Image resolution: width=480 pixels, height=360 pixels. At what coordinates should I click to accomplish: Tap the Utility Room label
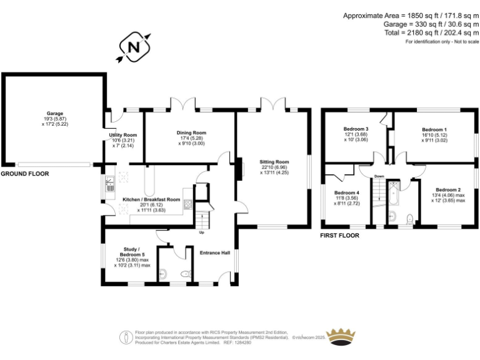point(122,135)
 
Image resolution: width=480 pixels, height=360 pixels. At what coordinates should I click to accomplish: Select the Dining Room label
point(191,133)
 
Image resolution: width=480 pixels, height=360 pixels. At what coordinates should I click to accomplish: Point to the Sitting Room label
point(272,162)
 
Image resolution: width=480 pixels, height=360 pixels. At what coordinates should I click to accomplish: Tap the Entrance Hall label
point(215,252)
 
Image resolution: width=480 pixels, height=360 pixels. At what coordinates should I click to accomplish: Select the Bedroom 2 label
point(448,190)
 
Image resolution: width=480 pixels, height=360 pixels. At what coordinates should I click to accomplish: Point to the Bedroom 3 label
point(356,129)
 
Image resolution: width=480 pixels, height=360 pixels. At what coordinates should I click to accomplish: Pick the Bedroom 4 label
point(346,192)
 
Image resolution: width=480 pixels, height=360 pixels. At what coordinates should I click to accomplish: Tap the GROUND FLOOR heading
point(24,173)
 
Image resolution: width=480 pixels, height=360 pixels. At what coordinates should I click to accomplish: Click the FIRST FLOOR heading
point(339,236)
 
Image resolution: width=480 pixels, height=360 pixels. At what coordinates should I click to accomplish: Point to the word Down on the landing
point(379,177)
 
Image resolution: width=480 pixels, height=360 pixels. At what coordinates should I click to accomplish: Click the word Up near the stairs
point(201,232)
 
